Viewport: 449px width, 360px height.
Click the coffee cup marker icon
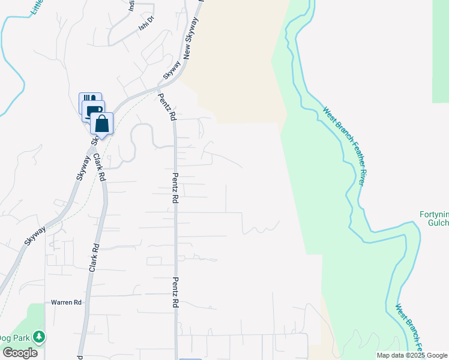click(94, 111)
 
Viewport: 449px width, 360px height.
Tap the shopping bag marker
click(102, 124)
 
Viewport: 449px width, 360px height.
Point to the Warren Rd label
click(66, 302)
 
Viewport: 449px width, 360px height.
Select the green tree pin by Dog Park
click(39, 337)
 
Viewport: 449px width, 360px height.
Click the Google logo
click(19, 353)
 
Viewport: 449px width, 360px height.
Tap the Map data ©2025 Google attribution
click(412, 355)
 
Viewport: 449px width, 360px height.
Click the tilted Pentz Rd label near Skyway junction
click(167, 107)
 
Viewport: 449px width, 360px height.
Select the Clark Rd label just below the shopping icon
click(100, 167)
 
